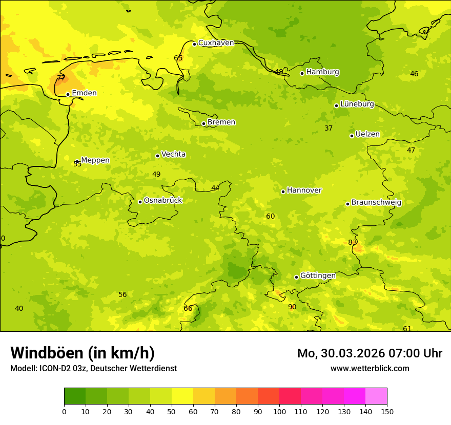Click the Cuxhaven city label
tap(216, 43)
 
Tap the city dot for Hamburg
tap(302, 73)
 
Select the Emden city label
tap(84, 93)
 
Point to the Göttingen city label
tap(318, 276)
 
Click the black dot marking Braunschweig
tap(347, 204)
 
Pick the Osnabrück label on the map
tap(163, 201)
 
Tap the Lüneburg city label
tap(357, 104)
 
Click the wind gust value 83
tap(353, 243)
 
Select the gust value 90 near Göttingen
tap(292, 307)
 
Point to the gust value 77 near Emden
tap(60, 78)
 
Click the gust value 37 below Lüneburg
tap(329, 129)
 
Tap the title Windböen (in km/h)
tap(83, 353)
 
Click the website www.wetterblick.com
tap(370, 369)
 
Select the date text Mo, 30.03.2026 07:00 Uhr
tap(370, 353)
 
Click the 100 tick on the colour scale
tap(279, 411)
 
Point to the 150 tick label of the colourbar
tap(387, 411)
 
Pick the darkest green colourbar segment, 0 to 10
tap(75, 396)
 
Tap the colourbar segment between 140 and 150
tap(376, 396)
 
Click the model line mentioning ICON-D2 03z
tap(93, 369)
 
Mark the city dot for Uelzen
tap(352, 136)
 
